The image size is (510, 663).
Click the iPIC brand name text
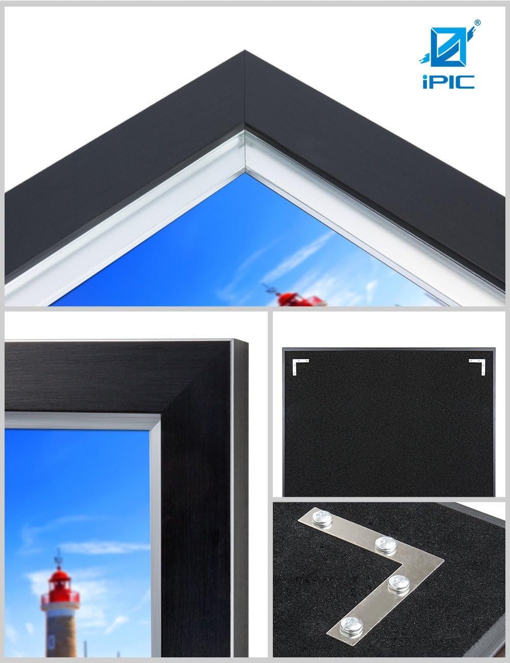point(448,82)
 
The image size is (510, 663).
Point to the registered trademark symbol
point(478,22)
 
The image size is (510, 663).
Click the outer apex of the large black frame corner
point(245,50)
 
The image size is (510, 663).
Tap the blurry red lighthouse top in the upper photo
point(285,296)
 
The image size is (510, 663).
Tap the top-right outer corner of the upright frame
point(247,341)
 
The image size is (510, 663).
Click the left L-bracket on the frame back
point(298,364)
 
